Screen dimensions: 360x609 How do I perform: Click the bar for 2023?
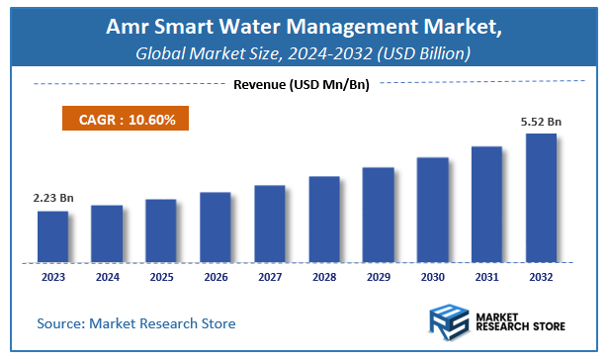click(53, 236)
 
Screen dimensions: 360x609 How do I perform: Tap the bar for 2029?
click(378, 215)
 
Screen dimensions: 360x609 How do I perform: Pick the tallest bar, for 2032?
click(540, 198)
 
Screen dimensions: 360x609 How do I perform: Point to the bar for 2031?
click(485, 204)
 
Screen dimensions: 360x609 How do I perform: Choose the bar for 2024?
click(107, 233)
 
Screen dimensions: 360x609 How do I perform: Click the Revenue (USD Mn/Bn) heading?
click(301, 85)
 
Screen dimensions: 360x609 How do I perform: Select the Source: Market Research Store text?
click(136, 323)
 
